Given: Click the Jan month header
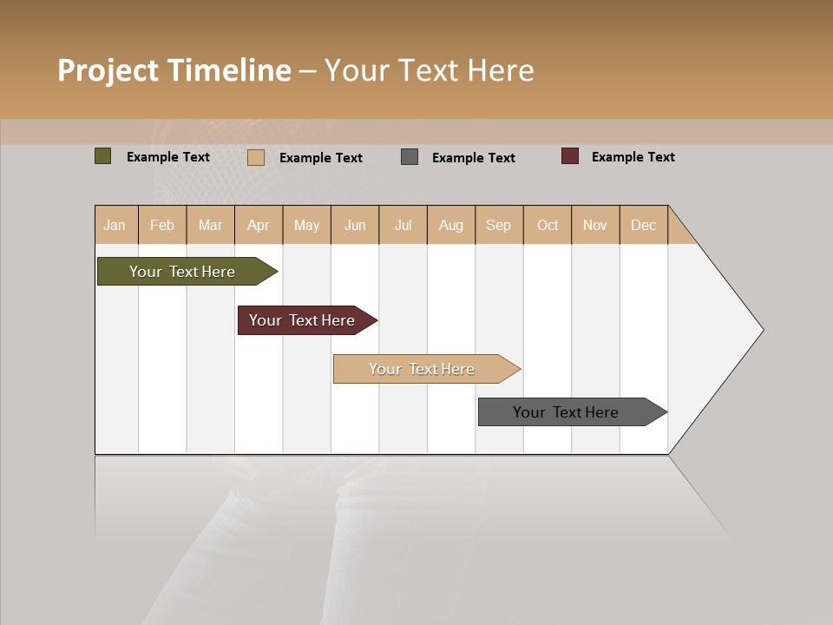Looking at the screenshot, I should pyautogui.click(x=115, y=225).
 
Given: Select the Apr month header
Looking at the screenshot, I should pyautogui.click(x=259, y=225).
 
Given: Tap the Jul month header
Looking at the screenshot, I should pyautogui.click(x=403, y=225).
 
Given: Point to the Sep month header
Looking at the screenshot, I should pyautogui.click(x=499, y=225).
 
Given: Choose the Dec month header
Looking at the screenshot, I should pyautogui.click(x=643, y=225).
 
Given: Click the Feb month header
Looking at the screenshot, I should pyautogui.click(x=162, y=225).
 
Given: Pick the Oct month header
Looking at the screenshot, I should pyautogui.click(x=548, y=225).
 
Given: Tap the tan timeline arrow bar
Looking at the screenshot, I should pyautogui.click(x=423, y=369).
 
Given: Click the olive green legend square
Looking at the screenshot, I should pyautogui.click(x=102, y=156).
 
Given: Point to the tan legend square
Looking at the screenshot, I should pyautogui.click(x=256, y=157).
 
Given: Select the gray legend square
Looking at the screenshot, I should pyautogui.click(x=410, y=157).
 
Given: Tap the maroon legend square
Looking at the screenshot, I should pyautogui.click(x=570, y=156).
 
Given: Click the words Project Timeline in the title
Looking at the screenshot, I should pyautogui.click(x=174, y=70).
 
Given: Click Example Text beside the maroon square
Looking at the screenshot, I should pyautogui.click(x=633, y=157).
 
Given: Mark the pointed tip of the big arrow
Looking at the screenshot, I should pyautogui.click(x=761, y=330).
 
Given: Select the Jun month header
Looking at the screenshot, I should pyautogui.click(x=355, y=225).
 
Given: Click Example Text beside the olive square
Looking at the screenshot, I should pyautogui.click(x=168, y=157).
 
